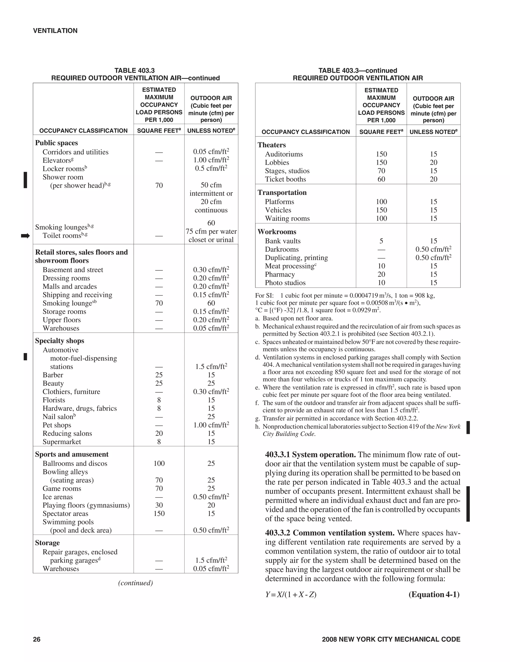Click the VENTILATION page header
55,31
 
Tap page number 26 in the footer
37,639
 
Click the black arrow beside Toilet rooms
25,236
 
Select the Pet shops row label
57,425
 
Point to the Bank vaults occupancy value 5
381,241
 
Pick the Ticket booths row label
285,179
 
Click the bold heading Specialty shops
60,341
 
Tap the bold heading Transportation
282,192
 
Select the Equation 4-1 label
434,594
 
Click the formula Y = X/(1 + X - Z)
291,594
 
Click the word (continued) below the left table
135,583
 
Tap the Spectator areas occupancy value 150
159,513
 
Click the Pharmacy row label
280,274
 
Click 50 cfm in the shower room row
211,185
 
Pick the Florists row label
54,400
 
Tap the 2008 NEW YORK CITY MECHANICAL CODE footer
391,639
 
